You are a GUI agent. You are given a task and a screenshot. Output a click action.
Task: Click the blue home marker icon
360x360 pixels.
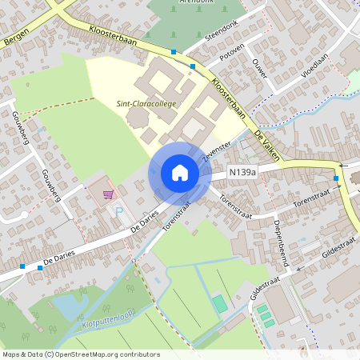point(180,173)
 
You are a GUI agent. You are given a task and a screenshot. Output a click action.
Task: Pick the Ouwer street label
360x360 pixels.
point(259,68)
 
